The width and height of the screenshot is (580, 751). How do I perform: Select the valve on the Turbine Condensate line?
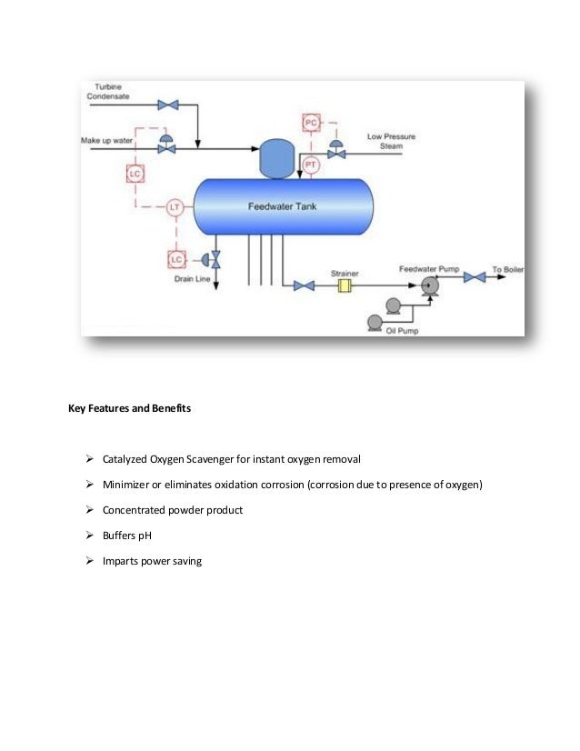click(167, 105)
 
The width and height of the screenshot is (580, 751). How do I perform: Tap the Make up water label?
click(107, 141)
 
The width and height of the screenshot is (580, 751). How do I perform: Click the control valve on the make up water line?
click(166, 145)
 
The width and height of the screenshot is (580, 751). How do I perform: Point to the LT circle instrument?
click(175, 208)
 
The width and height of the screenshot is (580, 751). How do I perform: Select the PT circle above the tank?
click(311, 165)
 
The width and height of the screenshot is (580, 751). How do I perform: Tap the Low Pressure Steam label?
click(391, 141)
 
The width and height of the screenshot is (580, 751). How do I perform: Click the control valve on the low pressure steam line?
click(336, 150)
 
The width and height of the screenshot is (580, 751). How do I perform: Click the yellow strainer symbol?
click(345, 286)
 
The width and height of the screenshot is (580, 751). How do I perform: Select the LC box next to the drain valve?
click(175, 260)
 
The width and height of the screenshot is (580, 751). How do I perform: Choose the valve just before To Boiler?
click(474, 276)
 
